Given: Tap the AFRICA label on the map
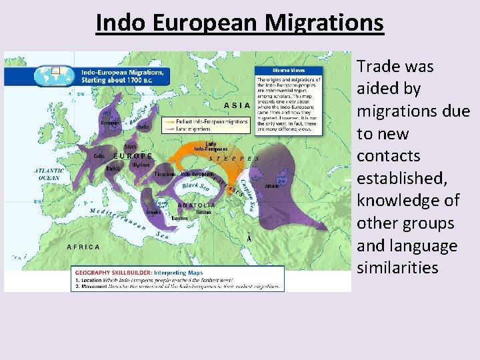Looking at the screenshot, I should [83, 247].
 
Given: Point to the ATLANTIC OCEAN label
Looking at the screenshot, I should [49, 174].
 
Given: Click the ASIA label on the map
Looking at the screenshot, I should [237, 105].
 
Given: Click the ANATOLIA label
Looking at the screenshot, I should [197, 205].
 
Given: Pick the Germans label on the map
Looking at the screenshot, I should [111, 123].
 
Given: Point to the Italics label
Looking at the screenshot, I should [113, 169].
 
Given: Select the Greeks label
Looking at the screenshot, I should [154, 212].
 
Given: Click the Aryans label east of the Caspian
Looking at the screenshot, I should [272, 187].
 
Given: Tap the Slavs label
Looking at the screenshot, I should [131, 147].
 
